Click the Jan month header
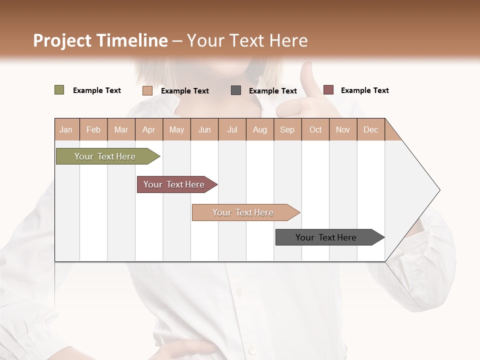[66, 129]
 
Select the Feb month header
[93, 129]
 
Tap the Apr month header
[149, 129]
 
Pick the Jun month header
[204, 129]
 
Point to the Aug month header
[260, 129]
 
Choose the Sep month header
[287, 129]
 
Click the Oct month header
[315, 129]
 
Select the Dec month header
[371, 129]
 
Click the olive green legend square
[59, 90]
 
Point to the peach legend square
[147, 90]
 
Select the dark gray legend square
[236, 90]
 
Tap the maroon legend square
[328, 90]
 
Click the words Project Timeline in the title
[100, 40]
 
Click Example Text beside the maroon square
[365, 90]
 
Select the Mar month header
[121, 129]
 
